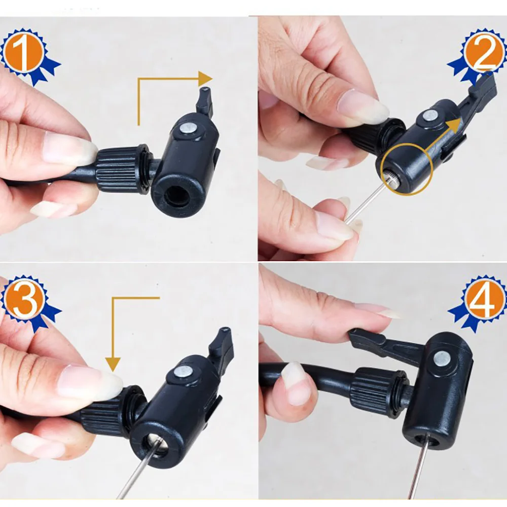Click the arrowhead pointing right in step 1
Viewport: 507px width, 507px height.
pyautogui.click(x=205, y=79)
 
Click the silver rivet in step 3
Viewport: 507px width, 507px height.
pyautogui.click(x=182, y=372)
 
